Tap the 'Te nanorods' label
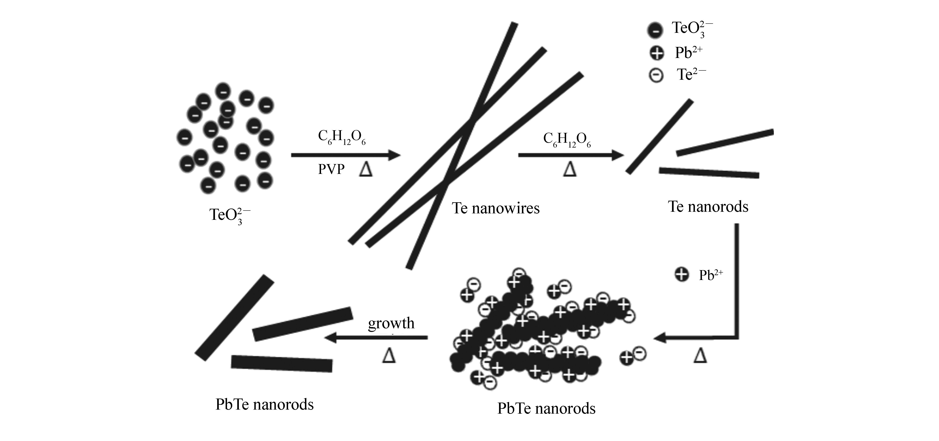click(x=708, y=207)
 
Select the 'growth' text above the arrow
click(x=391, y=323)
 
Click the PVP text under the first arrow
click(x=331, y=169)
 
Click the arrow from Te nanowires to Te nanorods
click(x=571, y=155)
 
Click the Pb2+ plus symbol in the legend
click(x=657, y=54)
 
